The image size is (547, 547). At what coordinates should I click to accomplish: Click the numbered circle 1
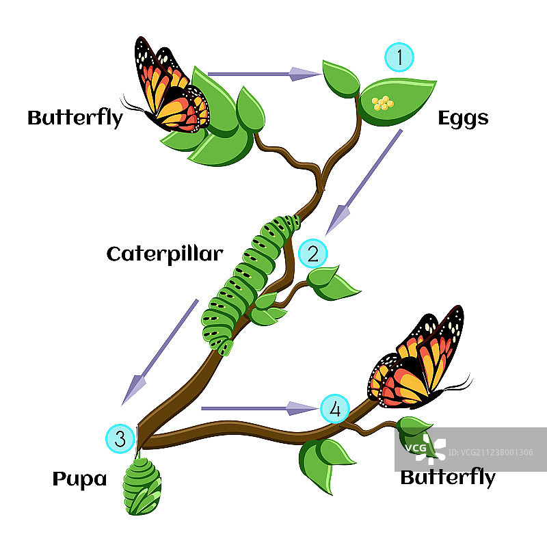point(399,57)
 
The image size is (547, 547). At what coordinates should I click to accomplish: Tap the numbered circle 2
point(313,254)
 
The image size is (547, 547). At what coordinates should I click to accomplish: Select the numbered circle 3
point(120,438)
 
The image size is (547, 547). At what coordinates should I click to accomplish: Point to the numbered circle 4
point(334,409)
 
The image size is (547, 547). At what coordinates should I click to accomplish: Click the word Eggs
point(463,118)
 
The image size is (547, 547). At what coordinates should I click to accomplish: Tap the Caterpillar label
point(165,254)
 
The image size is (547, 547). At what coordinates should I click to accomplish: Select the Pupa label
point(79,479)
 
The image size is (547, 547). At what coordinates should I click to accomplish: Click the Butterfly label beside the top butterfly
point(75,118)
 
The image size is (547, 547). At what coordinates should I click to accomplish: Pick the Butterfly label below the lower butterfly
point(447,477)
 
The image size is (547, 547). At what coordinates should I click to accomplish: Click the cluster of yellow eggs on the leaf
point(383,103)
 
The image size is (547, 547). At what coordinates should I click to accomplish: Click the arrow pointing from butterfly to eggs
point(263,73)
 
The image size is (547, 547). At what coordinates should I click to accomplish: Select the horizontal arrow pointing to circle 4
point(260,409)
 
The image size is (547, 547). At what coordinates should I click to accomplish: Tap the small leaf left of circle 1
point(341,78)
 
